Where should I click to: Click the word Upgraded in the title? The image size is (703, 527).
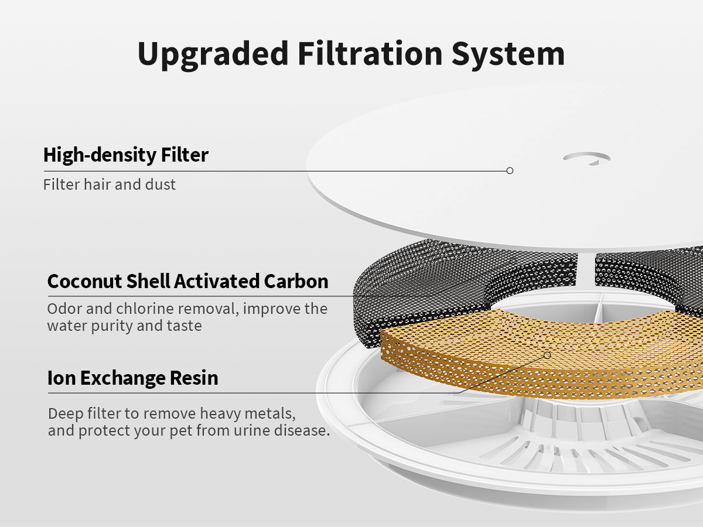click(213, 54)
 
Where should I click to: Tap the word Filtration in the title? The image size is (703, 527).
click(370, 53)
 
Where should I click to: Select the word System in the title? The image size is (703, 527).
click(509, 55)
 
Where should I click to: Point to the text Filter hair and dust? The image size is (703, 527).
click(109, 184)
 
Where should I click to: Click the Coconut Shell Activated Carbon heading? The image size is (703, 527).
click(187, 281)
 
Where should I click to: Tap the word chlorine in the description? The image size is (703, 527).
click(145, 309)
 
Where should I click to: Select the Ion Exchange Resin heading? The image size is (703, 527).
click(132, 378)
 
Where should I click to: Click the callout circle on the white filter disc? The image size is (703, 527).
click(510, 170)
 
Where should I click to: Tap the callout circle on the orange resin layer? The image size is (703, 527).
click(547, 355)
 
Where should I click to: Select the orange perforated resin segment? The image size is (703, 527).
click(541, 355)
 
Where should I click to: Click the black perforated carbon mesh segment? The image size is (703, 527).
click(417, 288)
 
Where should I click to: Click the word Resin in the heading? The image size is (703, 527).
click(194, 378)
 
